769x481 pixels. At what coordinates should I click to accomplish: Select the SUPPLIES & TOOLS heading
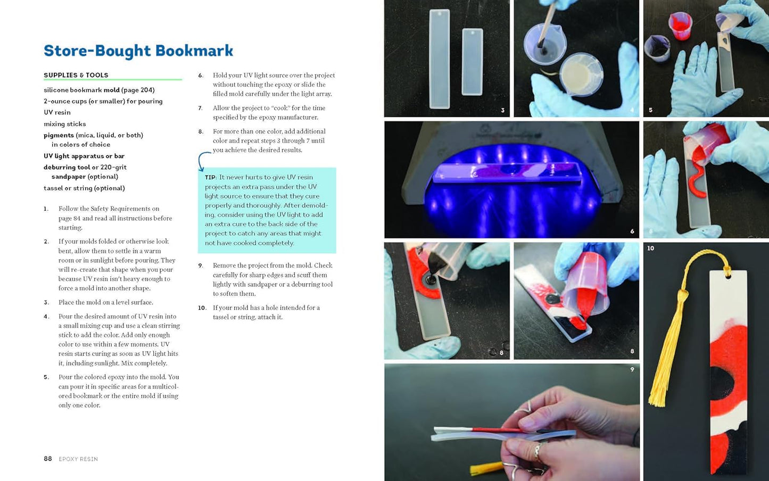click(76, 75)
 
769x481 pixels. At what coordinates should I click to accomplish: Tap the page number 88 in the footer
click(48, 459)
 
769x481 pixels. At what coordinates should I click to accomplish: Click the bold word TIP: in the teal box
click(211, 177)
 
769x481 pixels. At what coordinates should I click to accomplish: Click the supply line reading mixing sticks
click(64, 124)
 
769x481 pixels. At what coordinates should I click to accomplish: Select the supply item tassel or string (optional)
click(84, 188)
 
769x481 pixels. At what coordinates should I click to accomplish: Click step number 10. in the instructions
click(202, 308)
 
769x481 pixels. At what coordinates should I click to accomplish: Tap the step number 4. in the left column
click(46, 317)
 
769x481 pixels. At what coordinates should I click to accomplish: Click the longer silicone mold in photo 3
click(440, 59)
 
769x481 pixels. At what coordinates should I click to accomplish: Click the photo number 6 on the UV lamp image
click(632, 231)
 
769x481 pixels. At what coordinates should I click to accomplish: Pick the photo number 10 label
click(650, 248)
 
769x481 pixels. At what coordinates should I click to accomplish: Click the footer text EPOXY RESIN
click(78, 459)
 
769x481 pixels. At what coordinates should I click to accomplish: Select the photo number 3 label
click(502, 111)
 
